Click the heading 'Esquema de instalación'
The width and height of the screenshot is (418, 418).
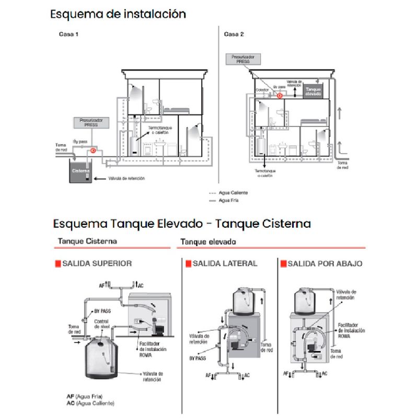(118, 14)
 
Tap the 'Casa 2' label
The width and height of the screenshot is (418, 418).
(234, 34)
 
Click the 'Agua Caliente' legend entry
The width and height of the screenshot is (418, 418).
(233, 193)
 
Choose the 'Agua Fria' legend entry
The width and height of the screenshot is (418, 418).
(230, 200)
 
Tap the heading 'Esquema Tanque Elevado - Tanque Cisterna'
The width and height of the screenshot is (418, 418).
(181, 224)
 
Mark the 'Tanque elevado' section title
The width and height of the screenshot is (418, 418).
(208, 242)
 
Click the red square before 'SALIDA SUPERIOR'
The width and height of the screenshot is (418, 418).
(58, 263)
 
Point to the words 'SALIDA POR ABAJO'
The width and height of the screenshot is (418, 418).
(325, 263)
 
